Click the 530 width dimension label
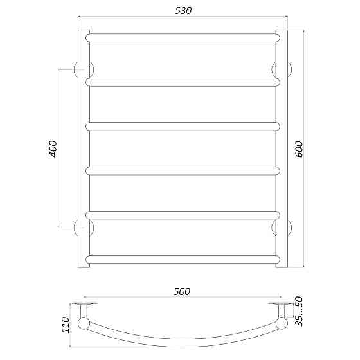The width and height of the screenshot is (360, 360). click(183, 11)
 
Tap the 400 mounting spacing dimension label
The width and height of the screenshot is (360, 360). click(53, 148)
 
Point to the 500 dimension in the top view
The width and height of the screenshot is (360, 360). click(182, 291)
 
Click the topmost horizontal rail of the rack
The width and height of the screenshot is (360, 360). click(183, 38)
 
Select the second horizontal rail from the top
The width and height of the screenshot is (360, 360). click(183, 82)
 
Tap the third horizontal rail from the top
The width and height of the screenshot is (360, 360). click(183, 126)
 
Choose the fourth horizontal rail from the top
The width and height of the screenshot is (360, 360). click(183, 170)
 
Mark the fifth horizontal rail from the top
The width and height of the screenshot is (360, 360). click(183, 215)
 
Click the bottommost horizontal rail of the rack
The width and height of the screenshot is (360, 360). click(183, 258)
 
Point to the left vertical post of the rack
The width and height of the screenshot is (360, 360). click(84, 148)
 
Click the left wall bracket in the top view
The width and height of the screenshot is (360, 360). click(85, 303)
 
